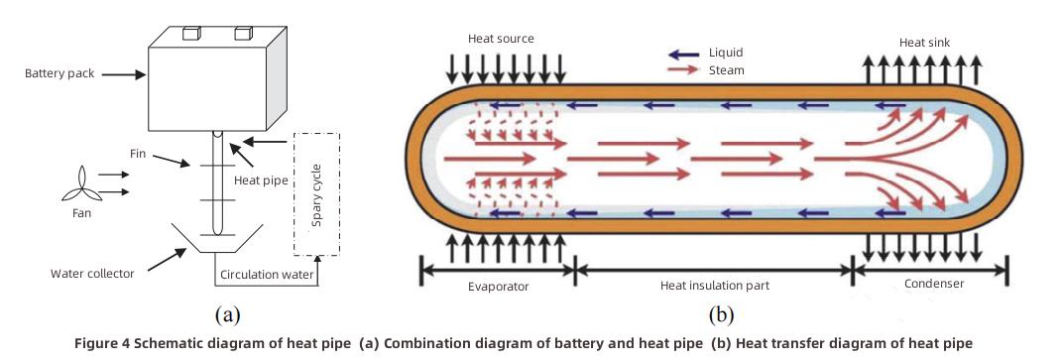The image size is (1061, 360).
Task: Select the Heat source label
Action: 501,39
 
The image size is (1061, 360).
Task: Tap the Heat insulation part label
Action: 714,286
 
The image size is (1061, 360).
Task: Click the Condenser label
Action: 933,284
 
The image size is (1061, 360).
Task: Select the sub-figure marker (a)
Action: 227,315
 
